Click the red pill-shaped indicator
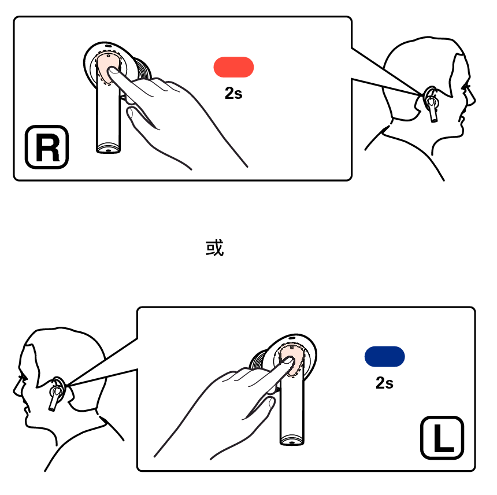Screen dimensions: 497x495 click(x=233, y=67)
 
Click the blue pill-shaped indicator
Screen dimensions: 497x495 click(x=384, y=356)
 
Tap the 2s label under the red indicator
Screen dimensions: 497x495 click(x=233, y=93)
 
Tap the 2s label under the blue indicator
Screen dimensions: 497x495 click(x=384, y=383)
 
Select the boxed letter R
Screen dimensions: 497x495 click(x=47, y=147)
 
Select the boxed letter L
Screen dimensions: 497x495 click(x=442, y=438)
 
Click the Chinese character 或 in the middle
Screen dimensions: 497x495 click(x=214, y=247)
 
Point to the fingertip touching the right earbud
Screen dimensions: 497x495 click(x=112, y=71)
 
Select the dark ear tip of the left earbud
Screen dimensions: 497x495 click(x=258, y=360)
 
